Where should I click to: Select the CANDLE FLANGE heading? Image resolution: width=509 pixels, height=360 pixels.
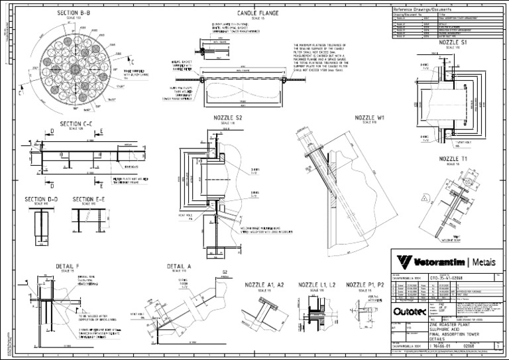click(258, 13)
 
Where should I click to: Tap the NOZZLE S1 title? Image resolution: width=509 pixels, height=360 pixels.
click(453, 42)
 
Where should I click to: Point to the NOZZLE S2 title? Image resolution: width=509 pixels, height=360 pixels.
click(228, 118)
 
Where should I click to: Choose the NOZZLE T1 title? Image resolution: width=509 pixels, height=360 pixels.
click(453, 159)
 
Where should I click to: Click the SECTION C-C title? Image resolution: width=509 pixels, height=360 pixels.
click(78, 123)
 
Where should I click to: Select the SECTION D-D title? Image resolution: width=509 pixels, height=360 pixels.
click(41, 199)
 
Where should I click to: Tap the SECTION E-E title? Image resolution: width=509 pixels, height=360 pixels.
click(88, 199)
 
